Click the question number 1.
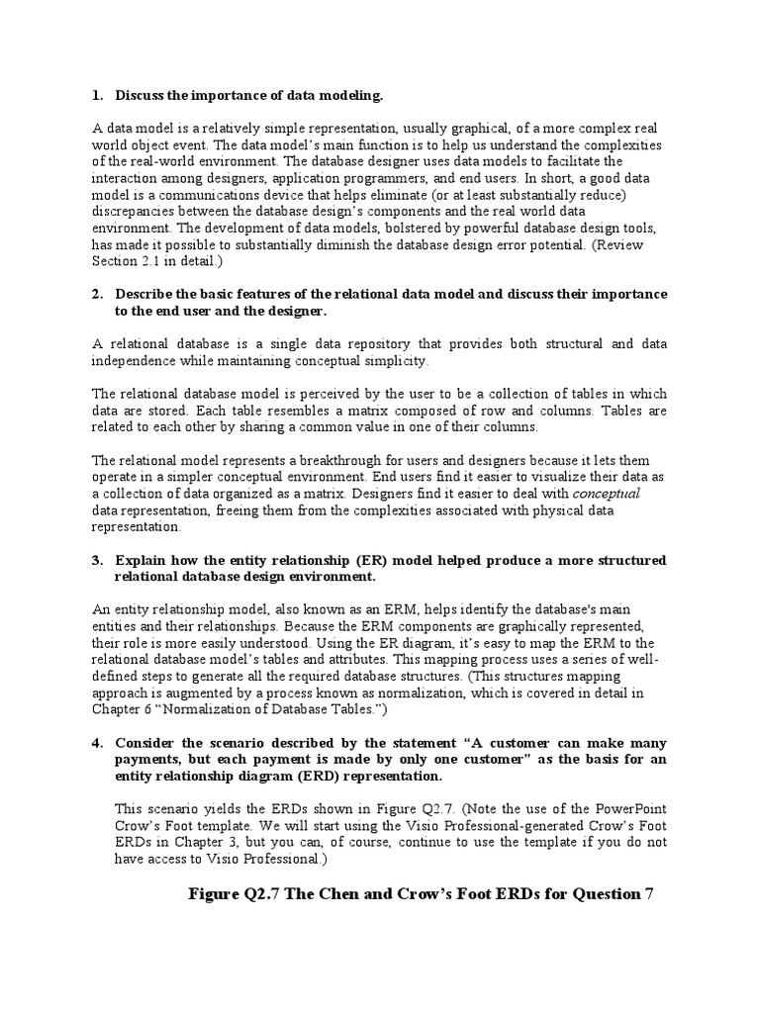(x=96, y=95)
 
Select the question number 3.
(x=96, y=561)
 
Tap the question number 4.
(x=96, y=742)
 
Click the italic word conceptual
(x=608, y=493)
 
